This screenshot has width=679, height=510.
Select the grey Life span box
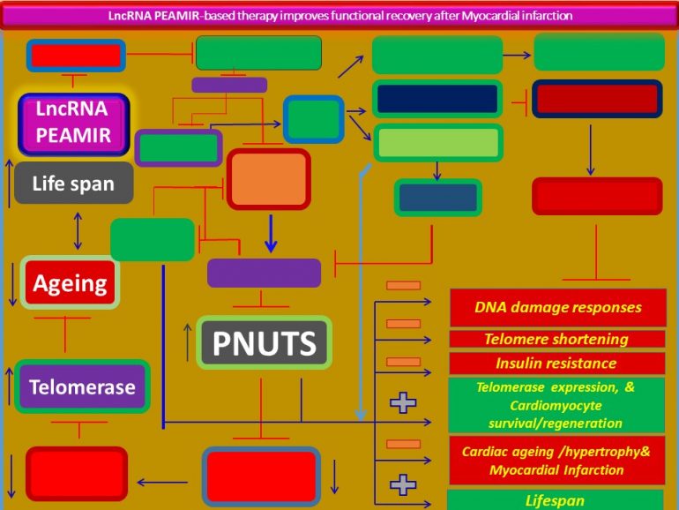point(74,184)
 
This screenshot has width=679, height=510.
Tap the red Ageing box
point(70,283)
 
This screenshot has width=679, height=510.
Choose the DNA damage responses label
point(557,308)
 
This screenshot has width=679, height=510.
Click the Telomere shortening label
point(556,339)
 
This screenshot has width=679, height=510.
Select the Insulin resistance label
point(556,363)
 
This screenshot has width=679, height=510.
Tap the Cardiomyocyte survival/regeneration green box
point(556,404)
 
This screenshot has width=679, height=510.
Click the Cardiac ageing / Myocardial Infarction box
point(556,460)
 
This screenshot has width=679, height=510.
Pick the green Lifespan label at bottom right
point(555,500)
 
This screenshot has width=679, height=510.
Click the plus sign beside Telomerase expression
point(403,403)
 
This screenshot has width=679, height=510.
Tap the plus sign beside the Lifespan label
point(403,484)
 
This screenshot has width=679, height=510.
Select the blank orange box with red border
point(268,179)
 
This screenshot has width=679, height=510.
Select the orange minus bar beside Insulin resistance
point(403,362)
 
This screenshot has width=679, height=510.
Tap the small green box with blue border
point(313,119)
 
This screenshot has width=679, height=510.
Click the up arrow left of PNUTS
point(187,342)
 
